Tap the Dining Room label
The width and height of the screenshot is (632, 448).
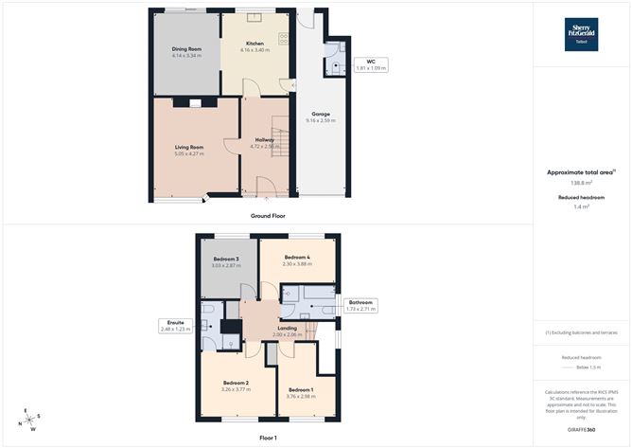186,49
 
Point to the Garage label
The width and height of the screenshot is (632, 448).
321,114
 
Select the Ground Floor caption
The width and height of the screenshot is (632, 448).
268,216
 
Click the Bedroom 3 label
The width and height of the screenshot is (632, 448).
225,259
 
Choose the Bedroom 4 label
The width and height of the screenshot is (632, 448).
297,257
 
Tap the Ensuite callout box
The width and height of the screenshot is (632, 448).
176,325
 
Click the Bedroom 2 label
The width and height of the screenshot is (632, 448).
235,382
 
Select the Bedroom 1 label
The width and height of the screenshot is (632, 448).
301,390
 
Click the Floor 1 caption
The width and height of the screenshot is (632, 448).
268,438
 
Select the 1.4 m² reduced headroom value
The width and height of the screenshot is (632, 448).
581,206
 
